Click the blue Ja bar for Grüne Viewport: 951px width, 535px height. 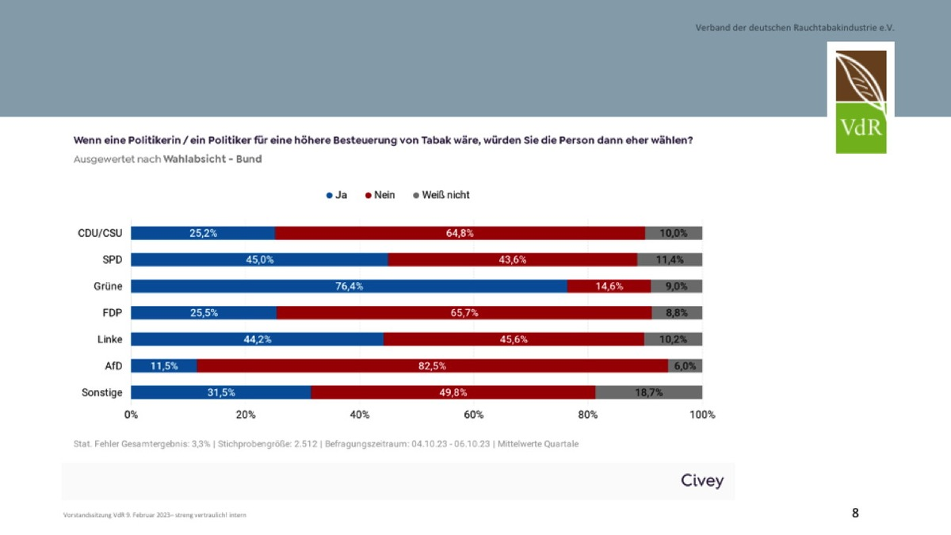point(349,286)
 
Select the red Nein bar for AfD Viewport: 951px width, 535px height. point(432,365)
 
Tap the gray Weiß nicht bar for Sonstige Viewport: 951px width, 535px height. point(648,392)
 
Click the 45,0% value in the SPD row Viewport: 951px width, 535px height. point(259,260)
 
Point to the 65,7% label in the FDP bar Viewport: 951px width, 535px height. point(464,313)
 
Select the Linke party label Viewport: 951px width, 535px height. point(109,339)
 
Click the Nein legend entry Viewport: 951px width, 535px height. point(380,195)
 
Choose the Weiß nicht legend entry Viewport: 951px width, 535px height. point(441,195)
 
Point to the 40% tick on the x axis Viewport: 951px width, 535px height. point(360,415)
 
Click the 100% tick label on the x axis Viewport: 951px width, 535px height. point(701,415)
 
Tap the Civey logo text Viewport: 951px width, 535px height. point(702,481)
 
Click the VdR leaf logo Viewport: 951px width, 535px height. point(861,97)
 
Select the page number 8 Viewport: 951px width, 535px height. point(855,513)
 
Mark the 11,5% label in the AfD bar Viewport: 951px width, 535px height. point(163,365)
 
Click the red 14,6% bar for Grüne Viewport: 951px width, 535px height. point(609,286)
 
